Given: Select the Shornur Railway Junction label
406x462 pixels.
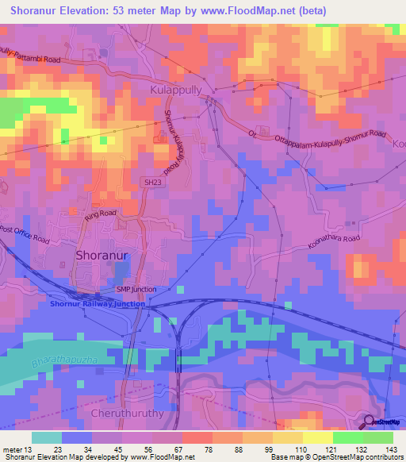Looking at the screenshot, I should pyautogui.click(x=98, y=303).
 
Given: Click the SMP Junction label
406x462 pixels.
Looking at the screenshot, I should pyautogui.click(x=136, y=290).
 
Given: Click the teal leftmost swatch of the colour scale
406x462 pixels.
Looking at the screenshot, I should pyautogui.click(x=46, y=437).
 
